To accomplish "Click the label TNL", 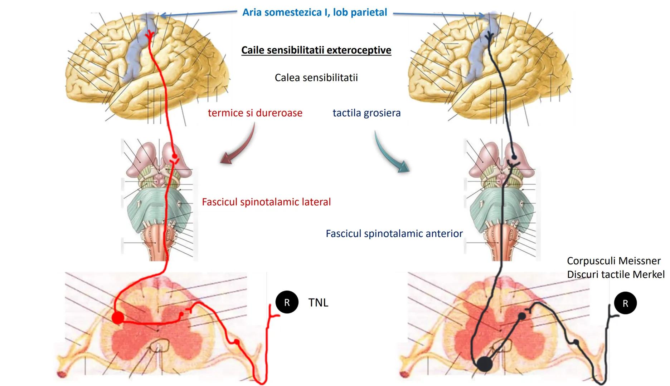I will pos(318,303).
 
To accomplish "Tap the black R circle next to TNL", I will pos(287,303).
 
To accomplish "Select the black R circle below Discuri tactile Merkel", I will pos(625,303).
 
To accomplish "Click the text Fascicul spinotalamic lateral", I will pos(266,202).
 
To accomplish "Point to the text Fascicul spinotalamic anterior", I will pos(394,234).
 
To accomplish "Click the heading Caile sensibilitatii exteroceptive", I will pos(316,50).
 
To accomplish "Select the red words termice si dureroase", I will pos(255,113).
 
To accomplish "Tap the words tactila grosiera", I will pos(366,113).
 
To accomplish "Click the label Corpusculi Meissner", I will pos(613,261).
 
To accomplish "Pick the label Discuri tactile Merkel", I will pos(616,274).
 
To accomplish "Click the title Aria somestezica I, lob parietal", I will pos(315,13).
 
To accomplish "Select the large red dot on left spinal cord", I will pos(118,317).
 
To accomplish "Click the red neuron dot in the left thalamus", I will pos(174,156).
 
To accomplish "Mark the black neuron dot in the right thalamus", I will pos(514,157).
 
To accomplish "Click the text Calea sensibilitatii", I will pos(316,78).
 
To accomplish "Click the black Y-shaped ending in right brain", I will pos(489,36).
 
